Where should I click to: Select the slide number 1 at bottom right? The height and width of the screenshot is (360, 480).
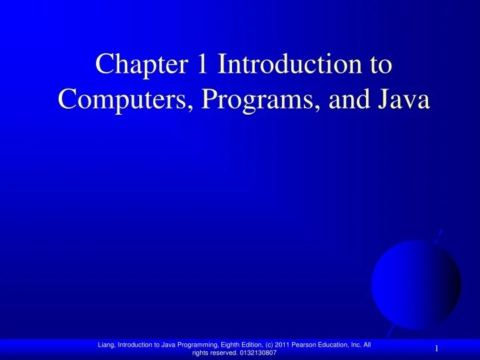point(436,349)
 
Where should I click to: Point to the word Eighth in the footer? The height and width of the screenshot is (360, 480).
point(228,344)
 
